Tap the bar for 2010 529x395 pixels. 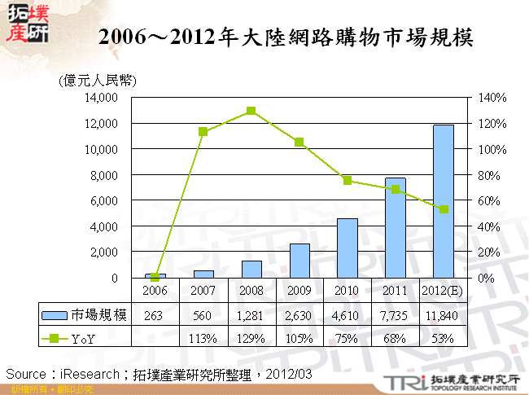[348, 248]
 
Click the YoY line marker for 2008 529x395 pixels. [251, 111]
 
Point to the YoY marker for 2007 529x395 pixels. [203, 132]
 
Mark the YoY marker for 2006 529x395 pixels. [155, 278]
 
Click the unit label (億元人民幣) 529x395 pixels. [97, 80]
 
